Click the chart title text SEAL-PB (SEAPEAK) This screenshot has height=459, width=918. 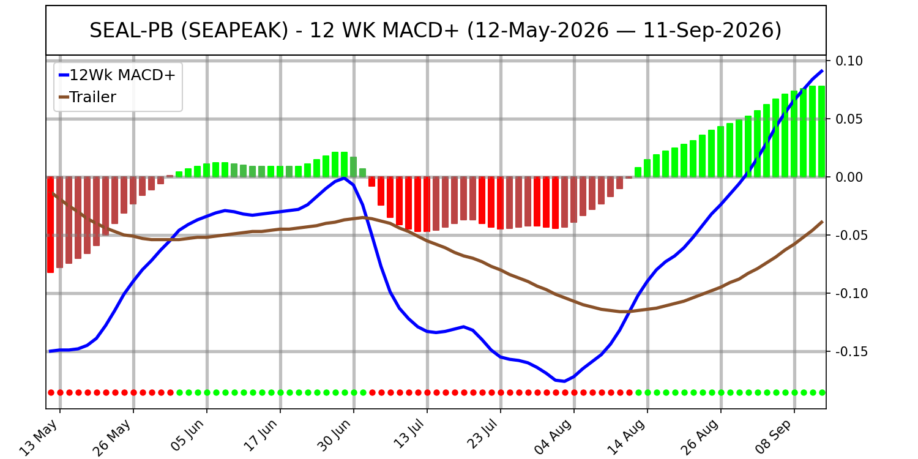(189, 31)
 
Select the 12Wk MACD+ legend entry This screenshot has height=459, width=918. (118, 75)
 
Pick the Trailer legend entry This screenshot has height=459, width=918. (88, 97)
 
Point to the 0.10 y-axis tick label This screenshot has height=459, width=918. (849, 61)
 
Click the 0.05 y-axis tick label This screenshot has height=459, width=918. (849, 119)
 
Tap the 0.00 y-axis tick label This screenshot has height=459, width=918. (849, 177)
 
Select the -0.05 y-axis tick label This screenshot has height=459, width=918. (851, 236)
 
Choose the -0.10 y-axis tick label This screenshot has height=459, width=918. (851, 294)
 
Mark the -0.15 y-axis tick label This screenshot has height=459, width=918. (851, 352)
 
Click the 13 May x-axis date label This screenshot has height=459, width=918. (40, 437)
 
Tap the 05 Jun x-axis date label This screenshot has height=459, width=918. (187, 436)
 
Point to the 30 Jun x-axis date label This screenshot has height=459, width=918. (334, 436)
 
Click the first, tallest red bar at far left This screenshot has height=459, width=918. (50, 225)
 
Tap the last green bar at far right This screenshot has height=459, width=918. (822, 132)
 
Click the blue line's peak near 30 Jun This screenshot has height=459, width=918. (344, 178)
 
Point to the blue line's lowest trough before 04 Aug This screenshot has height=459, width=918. (564, 381)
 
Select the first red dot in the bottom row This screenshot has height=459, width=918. (51, 393)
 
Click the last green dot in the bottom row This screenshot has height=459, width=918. (822, 393)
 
